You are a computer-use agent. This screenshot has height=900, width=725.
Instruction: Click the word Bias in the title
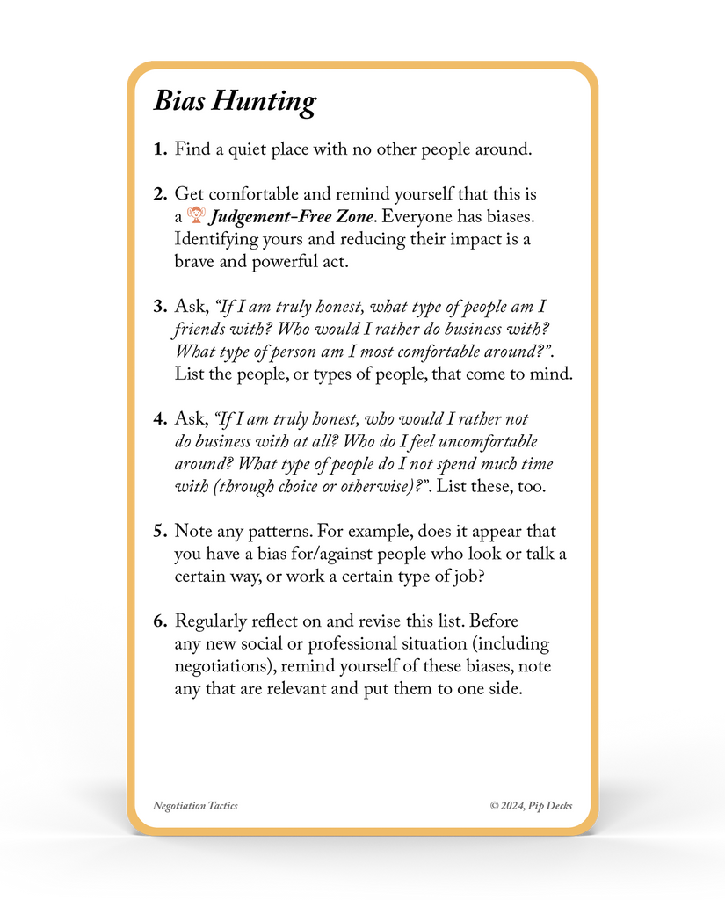181,100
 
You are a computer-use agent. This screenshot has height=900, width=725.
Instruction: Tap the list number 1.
159,149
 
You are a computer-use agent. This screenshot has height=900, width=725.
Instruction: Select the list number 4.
159,419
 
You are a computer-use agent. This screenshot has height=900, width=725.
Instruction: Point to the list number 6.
159,621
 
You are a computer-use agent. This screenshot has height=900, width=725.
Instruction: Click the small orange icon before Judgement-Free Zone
196,215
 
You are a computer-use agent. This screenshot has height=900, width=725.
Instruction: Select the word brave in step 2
194,261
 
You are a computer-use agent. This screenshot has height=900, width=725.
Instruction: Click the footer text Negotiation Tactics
195,806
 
